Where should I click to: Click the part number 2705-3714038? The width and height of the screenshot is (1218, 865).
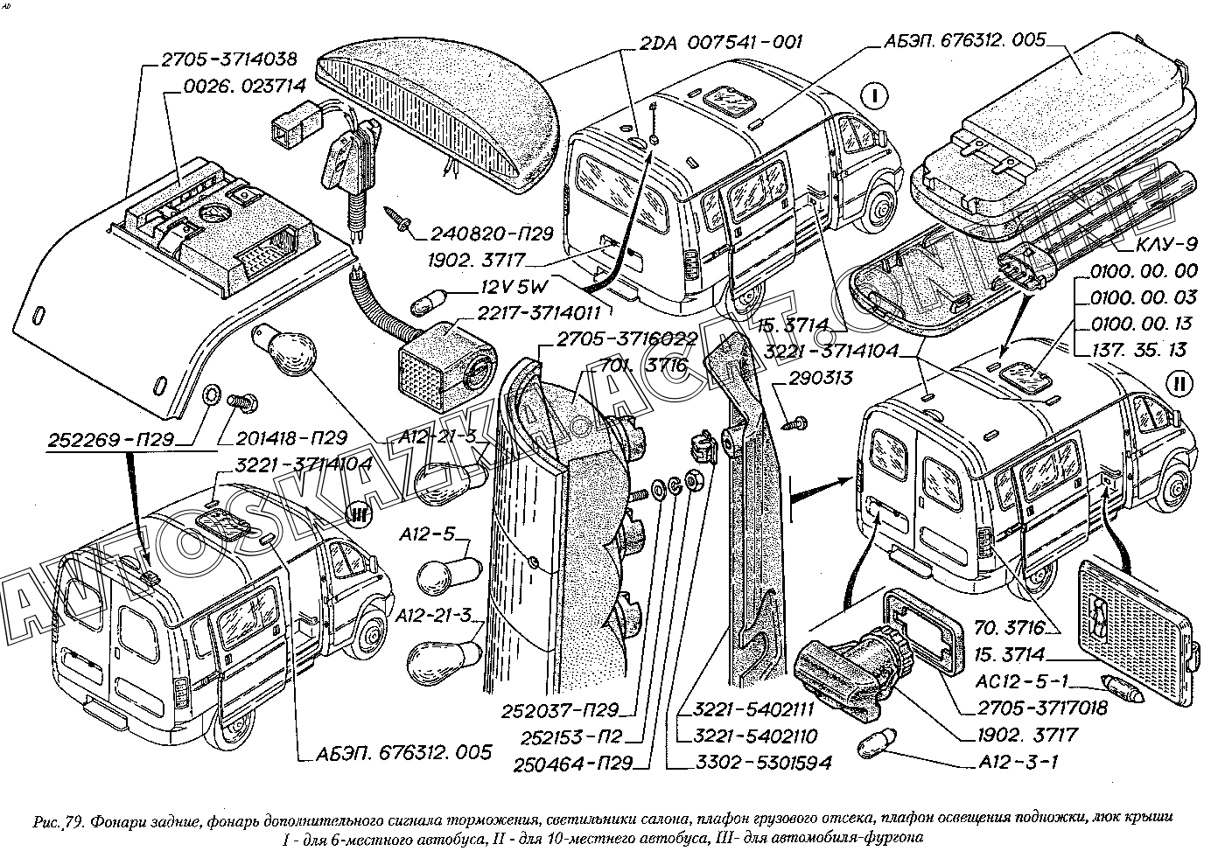coord(228,59)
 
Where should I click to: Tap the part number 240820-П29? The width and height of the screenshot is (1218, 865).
coord(491,234)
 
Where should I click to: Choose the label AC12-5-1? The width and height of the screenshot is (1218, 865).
coord(1018,683)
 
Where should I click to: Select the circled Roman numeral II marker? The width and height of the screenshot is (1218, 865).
coord(1179,383)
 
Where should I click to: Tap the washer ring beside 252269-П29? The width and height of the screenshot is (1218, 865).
coord(210,398)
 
